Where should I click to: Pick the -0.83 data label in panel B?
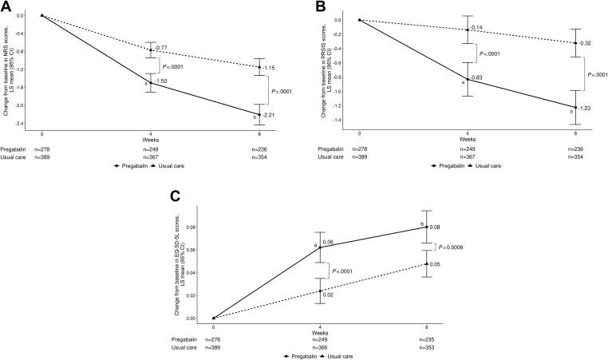pyautogui.click(x=477, y=77)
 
